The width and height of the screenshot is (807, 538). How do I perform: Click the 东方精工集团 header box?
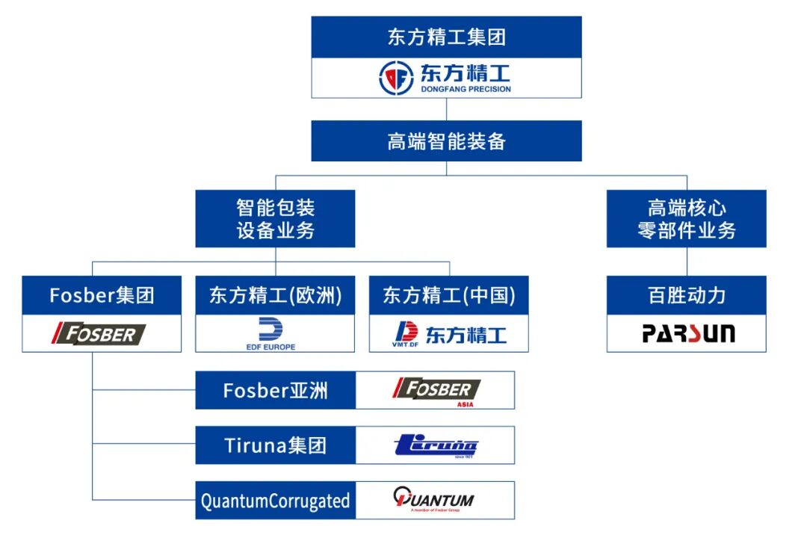click(446, 37)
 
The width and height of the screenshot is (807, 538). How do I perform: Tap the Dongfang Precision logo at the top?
click(446, 78)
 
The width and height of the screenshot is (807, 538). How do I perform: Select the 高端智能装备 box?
click(446, 141)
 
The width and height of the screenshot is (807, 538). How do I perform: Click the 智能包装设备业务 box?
click(275, 218)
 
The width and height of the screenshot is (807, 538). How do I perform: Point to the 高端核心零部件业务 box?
click(686, 218)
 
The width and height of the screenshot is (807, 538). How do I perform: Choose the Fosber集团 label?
click(102, 295)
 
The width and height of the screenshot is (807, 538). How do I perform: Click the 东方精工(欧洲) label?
click(275, 295)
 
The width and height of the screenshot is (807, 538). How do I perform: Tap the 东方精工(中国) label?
click(448, 295)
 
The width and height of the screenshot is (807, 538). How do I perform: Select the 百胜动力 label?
click(686, 295)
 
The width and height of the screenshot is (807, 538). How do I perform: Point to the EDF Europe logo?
click(270, 333)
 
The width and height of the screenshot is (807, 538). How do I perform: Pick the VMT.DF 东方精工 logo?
click(449, 333)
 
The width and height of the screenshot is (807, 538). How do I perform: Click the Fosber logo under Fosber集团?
click(99, 333)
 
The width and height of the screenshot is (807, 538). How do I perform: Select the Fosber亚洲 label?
click(275, 390)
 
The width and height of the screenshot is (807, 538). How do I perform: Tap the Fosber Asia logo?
click(436, 390)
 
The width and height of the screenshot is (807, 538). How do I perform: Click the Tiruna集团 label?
click(275, 445)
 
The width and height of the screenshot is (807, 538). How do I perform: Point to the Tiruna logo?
click(436, 446)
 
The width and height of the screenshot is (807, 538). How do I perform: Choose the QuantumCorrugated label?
click(275, 500)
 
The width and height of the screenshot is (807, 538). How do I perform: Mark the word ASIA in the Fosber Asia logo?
click(465, 404)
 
